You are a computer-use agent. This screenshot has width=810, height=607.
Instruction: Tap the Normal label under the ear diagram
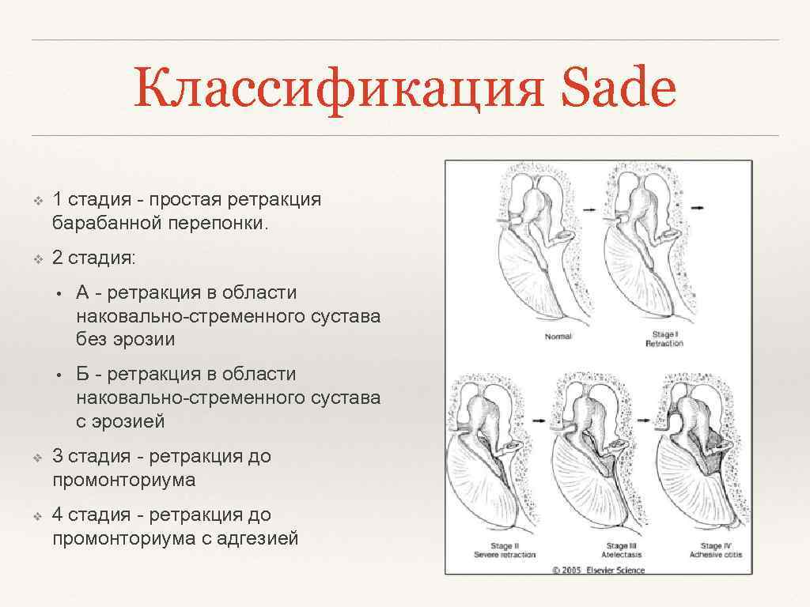click(558, 337)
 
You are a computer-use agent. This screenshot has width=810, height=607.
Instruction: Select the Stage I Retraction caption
click(664, 340)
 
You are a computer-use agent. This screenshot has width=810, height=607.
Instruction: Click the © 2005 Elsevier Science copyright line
click(598, 570)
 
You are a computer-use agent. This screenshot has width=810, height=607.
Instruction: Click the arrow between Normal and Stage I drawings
click(589, 207)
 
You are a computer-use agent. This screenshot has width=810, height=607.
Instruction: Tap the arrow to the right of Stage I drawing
click(698, 207)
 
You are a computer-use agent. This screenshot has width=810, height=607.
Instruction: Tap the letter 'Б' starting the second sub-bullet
click(83, 374)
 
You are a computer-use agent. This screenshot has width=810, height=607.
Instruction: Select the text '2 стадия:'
click(93, 258)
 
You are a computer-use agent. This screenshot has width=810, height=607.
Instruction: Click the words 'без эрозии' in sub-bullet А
click(125, 340)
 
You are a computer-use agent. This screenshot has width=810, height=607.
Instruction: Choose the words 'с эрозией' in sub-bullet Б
click(120, 421)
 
